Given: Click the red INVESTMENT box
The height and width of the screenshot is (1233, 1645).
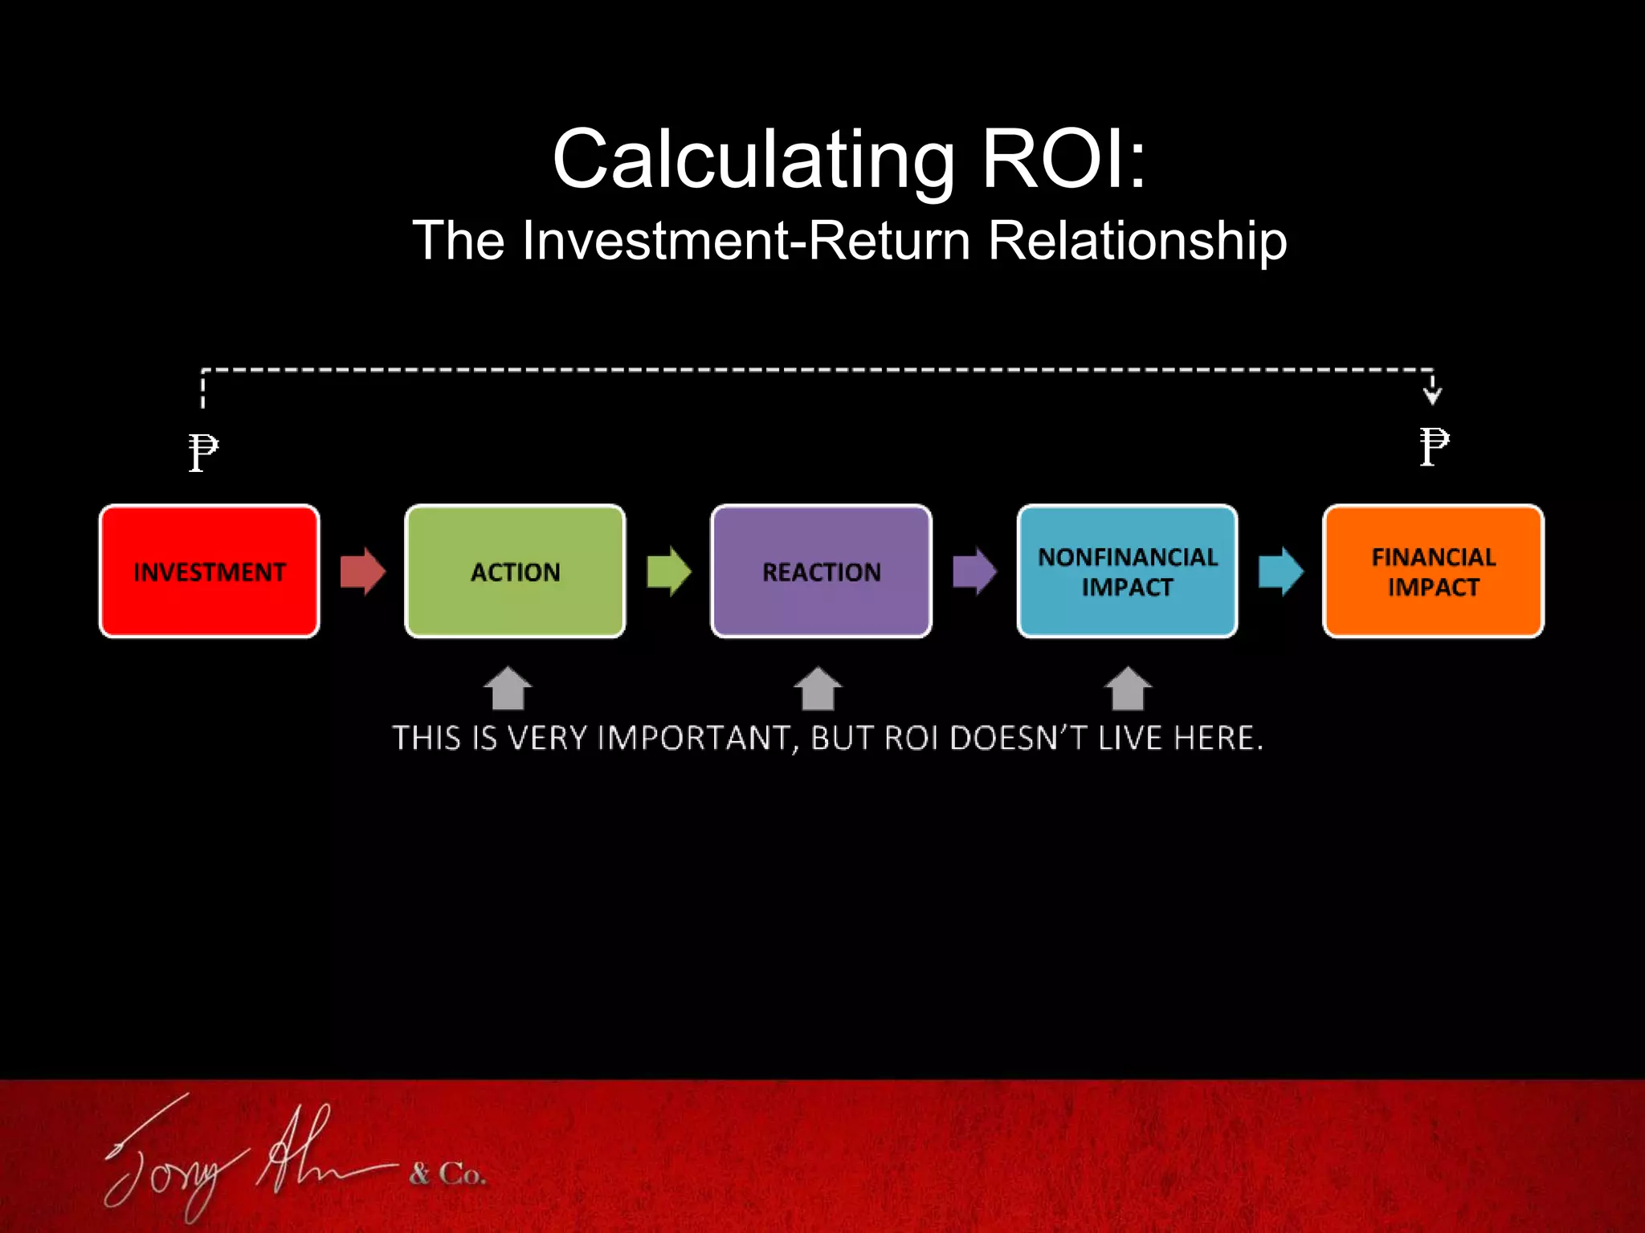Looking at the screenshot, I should [x=209, y=572].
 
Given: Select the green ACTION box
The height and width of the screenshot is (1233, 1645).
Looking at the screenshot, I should [x=515, y=572].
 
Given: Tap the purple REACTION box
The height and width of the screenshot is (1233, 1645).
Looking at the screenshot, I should [x=821, y=572].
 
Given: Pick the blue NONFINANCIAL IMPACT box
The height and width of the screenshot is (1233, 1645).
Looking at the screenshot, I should [x=1127, y=572].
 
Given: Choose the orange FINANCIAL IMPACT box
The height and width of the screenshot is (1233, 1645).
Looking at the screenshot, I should [x=1433, y=572].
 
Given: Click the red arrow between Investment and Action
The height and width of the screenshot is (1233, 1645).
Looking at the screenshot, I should [x=362, y=572].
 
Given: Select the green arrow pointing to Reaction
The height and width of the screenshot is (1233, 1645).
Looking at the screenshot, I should [x=668, y=572].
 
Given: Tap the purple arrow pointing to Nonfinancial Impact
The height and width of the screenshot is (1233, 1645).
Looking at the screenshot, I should [x=974, y=572].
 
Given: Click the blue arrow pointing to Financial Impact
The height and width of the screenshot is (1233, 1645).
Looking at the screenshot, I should [x=1280, y=572].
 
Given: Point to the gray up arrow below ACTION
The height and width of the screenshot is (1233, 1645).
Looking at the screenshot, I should [x=508, y=689].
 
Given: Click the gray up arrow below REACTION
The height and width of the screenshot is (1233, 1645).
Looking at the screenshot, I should [x=818, y=689].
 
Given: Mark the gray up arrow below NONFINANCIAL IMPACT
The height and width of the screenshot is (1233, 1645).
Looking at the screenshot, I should [x=1128, y=689].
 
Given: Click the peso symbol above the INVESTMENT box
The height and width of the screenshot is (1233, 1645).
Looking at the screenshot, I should [x=202, y=452].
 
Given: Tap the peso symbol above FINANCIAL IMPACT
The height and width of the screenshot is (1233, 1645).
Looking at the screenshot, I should [x=1434, y=446].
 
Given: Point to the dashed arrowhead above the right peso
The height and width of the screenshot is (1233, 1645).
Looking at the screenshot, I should [x=1432, y=394].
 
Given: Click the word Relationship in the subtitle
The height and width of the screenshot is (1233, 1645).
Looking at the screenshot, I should [x=1137, y=241].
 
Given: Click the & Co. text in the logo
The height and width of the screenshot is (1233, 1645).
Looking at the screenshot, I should [x=447, y=1174].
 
